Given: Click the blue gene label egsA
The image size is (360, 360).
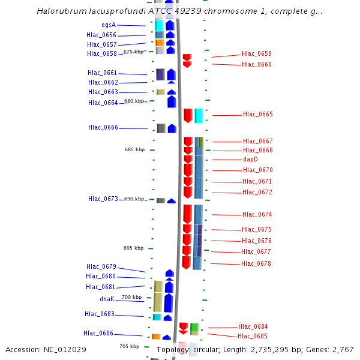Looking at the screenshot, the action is (109, 25).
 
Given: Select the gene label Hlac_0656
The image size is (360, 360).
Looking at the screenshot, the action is (101, 35).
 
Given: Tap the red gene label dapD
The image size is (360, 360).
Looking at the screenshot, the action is (250, 160).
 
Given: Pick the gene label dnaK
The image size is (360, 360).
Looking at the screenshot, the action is (107, 298).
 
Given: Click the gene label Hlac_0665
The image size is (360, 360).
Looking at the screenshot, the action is (257, 114).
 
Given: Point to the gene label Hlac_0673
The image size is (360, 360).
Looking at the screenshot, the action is (103, 199).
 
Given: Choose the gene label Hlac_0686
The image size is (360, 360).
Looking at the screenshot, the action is (98, 333).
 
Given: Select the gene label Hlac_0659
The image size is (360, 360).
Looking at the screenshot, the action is (256, 54).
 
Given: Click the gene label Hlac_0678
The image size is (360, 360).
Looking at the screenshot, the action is (256, 263).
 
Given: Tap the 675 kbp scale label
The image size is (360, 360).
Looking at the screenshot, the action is (134, 52).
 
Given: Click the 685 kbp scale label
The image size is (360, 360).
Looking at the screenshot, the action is (134, 149).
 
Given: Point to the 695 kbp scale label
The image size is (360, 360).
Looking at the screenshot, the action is (133, 248).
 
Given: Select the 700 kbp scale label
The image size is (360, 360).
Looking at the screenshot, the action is (132, 297).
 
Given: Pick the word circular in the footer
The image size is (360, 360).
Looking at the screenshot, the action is (206, 349).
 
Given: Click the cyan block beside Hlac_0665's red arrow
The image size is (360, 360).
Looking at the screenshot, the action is (199, 115).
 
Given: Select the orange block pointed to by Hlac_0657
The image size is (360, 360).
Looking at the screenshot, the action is (160, 43).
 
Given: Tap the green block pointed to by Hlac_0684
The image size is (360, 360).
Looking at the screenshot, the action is (194, 327).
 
